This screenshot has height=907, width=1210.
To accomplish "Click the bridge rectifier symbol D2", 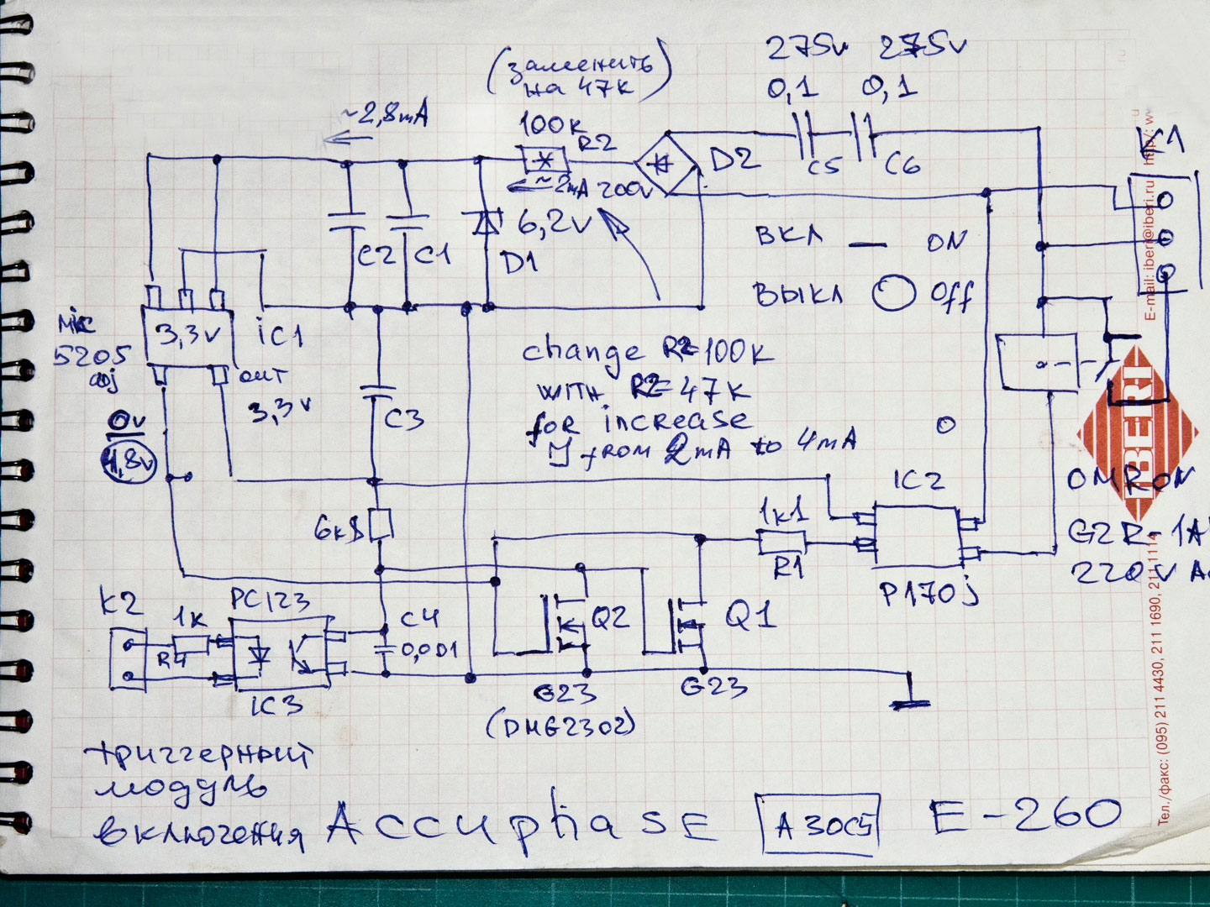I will [x=667, y=163].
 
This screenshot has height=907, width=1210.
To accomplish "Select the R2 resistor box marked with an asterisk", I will [x=544, y=160].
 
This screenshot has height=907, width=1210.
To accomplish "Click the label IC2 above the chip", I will [x=918, y=480].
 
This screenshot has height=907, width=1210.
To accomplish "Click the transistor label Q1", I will [x=749, y=617].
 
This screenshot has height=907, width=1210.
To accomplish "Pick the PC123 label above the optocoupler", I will [x=270, y=601].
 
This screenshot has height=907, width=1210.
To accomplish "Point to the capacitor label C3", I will [x=403, y=417].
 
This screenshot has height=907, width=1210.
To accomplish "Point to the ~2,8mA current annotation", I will [x=381, y=115].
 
